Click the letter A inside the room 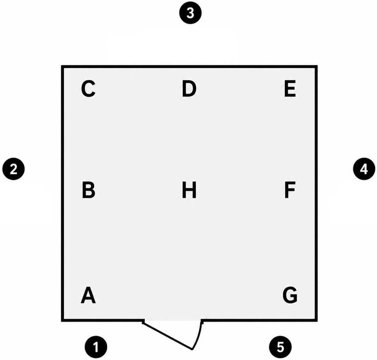tap(88, 295)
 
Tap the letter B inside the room tap(88, 190)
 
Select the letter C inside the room tap(88, 89)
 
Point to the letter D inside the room tap(189, 89)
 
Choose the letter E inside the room tap(290, 89)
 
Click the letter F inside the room tap(290, 190)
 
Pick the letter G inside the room tap(290, 295)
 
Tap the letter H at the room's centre tap(189, 190)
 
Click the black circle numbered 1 tap(96, 347)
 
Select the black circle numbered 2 tap(13, 169)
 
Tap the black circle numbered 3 tap(190, 13)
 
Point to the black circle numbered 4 tap(364, 169)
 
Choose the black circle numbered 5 tap(280, 347)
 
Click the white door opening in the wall tap(173, 321)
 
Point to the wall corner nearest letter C tap(62, 66)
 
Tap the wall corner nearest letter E tap(316, 66)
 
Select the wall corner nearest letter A tap(62, 320)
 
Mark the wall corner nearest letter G tap(316, 320)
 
